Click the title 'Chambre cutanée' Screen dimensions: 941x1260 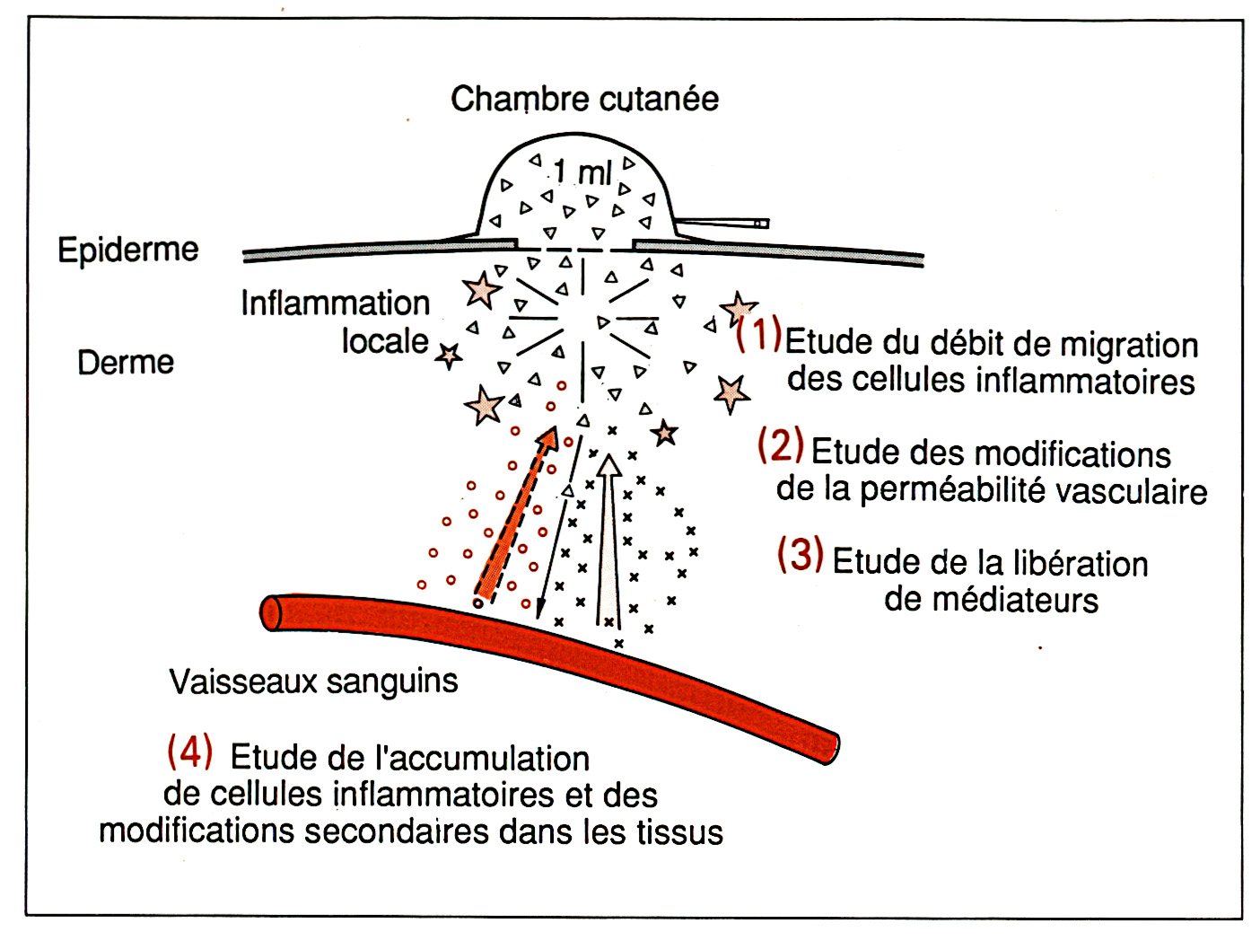(x=584, y=99)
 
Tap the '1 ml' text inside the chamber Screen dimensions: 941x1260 (x=582, y=171)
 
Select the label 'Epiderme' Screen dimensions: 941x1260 (x=128, y=250)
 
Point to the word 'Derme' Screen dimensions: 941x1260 (x=126, y=363)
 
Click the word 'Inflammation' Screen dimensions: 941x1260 (x=336, y=303)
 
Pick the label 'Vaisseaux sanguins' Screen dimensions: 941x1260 (x=313, y=682)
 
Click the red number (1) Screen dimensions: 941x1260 (x=758, y=334)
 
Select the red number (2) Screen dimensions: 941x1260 (x=780, y=444)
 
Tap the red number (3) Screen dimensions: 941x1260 (x=800, y=554)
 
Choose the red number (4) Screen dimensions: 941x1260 (x=190, y=751)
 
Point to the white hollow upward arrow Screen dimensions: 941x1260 (x=609, y=539)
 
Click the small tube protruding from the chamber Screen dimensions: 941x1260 (x=723, y=222)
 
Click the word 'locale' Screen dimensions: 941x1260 (x=385, y=341)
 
